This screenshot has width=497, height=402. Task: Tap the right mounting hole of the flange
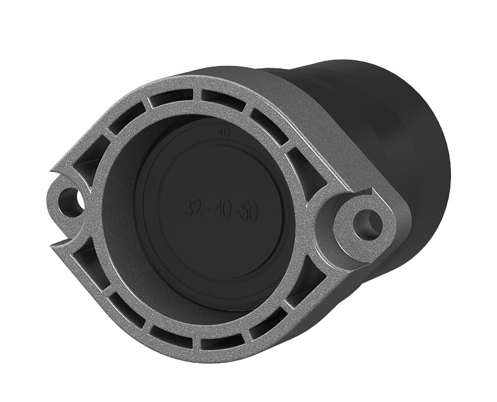pos(368,224)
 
